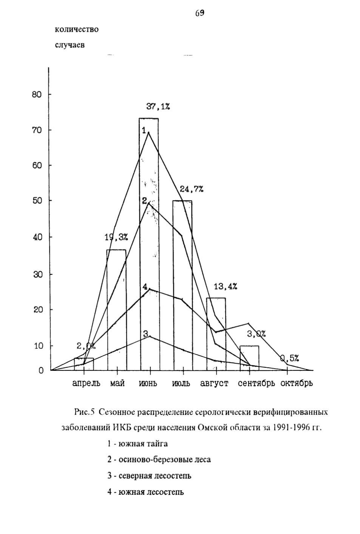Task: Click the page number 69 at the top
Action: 200,13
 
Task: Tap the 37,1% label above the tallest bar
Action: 158,106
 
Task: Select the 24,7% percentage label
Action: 192,189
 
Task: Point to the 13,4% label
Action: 225,287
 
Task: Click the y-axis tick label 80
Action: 37,95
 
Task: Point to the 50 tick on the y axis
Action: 37,201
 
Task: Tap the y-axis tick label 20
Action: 37,309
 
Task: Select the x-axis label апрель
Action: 86,384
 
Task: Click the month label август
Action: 214,384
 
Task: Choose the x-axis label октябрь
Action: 296,383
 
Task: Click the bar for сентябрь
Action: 249,358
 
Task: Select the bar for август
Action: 216,334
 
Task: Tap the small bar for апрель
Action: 84,364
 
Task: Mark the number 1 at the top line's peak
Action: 144,130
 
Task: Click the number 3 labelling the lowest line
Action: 146,333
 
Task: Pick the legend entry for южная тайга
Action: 138,443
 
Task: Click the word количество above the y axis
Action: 77,30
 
